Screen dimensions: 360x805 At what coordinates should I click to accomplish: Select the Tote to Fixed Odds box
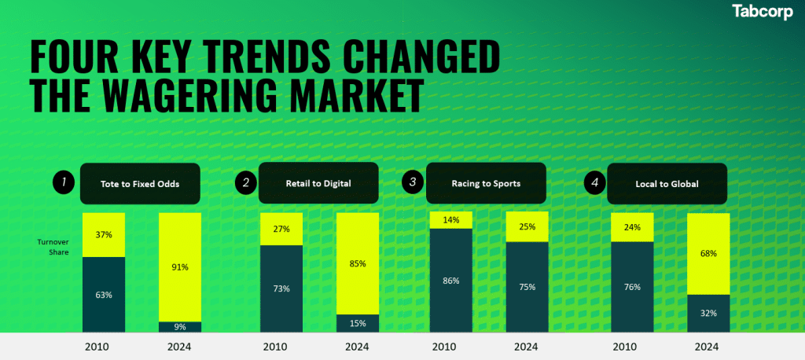pos(140,184)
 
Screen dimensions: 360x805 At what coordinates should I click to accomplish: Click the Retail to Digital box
pos(318,184)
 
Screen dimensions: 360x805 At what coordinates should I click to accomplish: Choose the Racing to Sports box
pos(485,184)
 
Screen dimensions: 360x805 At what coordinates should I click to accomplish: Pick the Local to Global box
pos(666,184)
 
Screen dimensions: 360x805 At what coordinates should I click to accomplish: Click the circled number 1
pos(64,184)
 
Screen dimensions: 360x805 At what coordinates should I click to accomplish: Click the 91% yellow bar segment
pos(180,266)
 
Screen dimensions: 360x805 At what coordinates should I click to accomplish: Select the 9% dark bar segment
pos(180,326)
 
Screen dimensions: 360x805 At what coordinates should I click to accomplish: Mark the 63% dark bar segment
pos(104,294)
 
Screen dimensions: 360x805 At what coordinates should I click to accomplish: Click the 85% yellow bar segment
pos(357,263)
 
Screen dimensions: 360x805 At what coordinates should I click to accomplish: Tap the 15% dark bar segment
pos(357,323)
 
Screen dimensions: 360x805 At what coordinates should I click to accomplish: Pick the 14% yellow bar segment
pos(450,220)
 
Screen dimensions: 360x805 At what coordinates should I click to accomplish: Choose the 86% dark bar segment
pos(450,280)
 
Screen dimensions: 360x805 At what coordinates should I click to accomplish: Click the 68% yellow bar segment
pos(708,254)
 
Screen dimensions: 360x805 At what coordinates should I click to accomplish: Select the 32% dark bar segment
pos(708,313)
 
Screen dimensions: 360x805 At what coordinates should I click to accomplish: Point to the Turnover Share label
pos(54,248)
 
